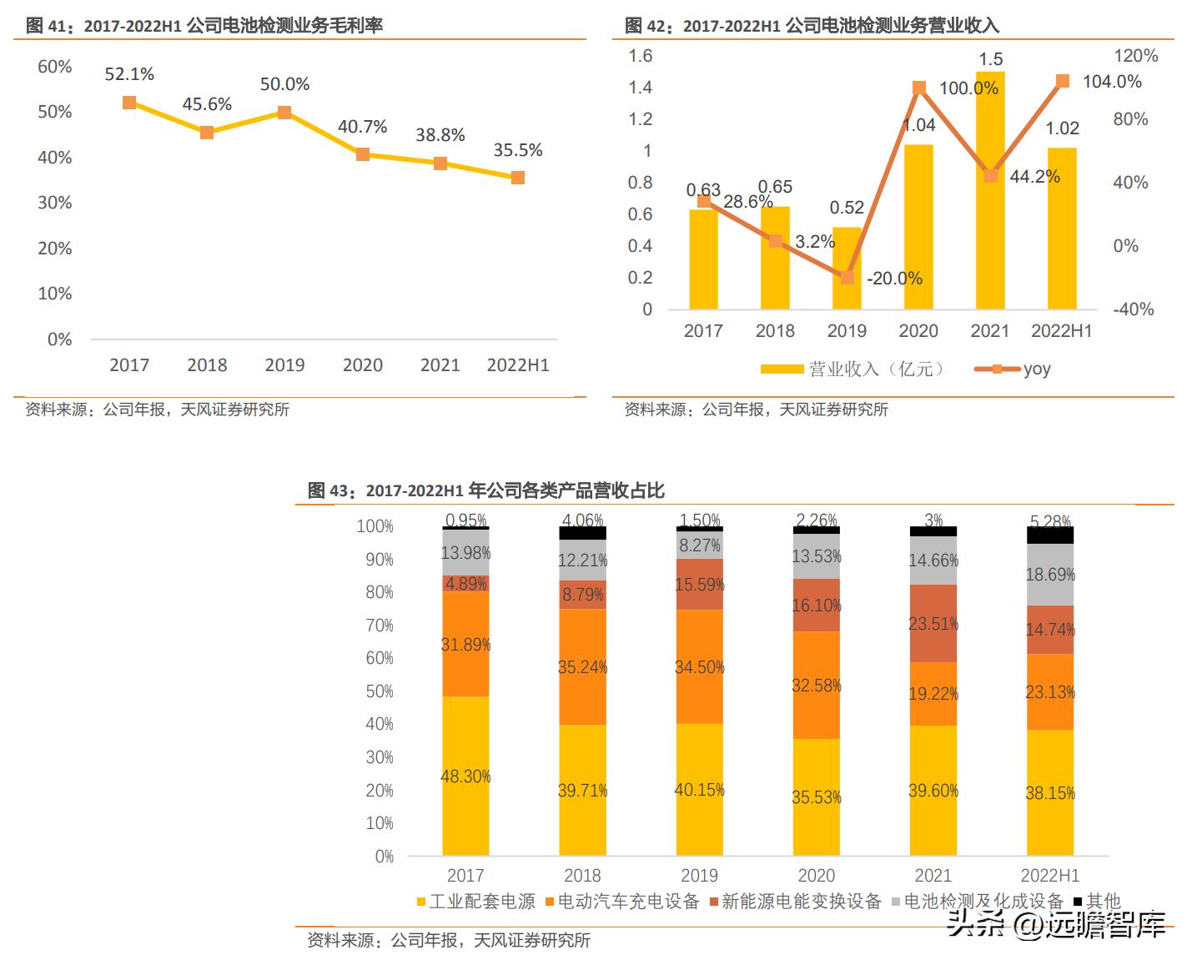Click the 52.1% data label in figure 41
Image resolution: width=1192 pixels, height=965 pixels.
click(x=129, y=74)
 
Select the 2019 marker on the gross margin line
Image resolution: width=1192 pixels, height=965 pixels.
click(x=284, y=113)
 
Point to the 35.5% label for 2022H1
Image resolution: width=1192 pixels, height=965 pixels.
click(x=517, y=150)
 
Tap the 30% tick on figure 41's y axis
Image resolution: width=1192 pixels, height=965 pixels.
click(x=55, y=203)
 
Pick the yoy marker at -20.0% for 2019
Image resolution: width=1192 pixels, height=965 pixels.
click(x=847, y=278)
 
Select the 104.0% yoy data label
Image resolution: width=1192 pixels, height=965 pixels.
click(x=1111, y=82)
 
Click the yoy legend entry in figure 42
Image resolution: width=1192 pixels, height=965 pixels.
click(x=1013, y=369)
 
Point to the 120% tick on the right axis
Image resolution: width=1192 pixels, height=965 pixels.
click(x=1135, y=56)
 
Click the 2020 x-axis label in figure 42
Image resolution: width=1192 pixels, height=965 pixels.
click(x=918, y=331)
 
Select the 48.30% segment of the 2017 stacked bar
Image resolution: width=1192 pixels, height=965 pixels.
click(x=465, y=776)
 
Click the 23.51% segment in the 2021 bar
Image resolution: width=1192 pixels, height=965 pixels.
click(x=933, y=623)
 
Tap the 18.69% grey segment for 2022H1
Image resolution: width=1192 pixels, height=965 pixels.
click(x=1049, y=575)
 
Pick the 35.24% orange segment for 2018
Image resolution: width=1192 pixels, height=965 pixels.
click(x=582, y=666)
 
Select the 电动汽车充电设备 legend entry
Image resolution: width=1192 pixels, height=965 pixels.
click(x=621, y=902)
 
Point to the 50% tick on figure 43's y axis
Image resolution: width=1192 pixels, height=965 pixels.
click(x=379, y=691)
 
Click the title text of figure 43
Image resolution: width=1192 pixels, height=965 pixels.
click(x=485, y=490)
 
